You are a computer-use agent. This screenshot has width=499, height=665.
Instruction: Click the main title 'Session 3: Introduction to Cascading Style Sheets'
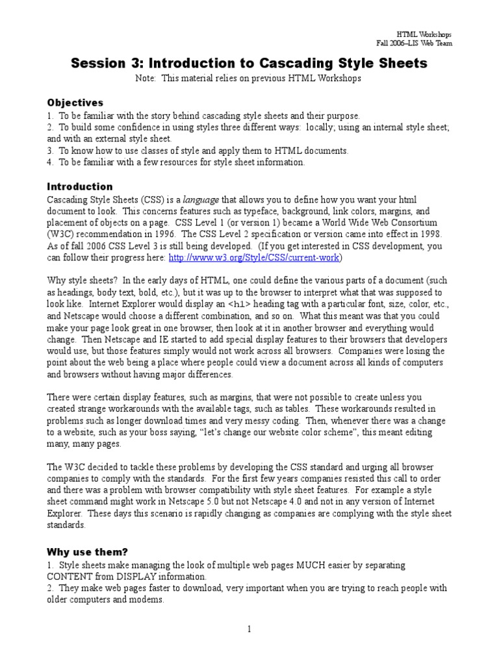click(x=249, y=63)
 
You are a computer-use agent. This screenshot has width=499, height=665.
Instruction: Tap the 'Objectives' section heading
click(x=75, y=103)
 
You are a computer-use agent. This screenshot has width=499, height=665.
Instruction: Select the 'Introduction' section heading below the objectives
click(x=80, y=186)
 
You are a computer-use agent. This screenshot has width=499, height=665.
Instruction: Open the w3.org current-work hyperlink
click(x=255, y=257)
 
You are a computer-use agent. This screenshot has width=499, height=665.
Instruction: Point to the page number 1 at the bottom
click(x=249, y=629)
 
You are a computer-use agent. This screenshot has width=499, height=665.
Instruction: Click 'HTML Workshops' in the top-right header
click(x=424, y=34)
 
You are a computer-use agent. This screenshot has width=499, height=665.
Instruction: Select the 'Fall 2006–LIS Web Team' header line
click(x=414, y=43)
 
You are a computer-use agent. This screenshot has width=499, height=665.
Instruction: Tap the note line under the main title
click(x=249, y=78)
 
